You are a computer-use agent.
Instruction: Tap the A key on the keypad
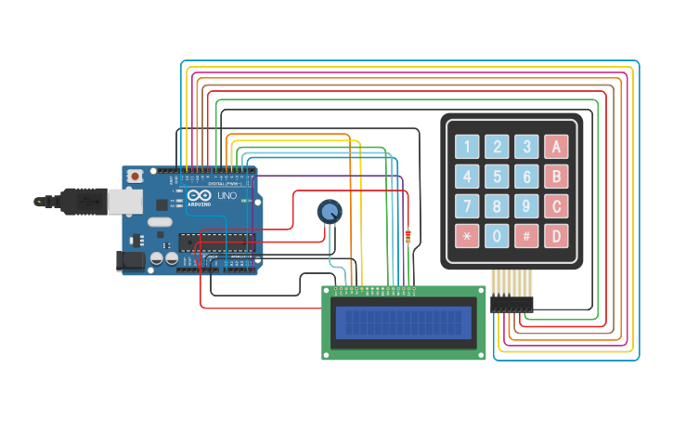pyautogui.click(x=556, y=146)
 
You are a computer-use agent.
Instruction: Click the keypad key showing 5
pyautogui.click(x=498, y=176)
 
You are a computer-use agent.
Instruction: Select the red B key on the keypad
pyautogui.click(x=556, y=176)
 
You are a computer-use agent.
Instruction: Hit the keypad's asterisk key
pyautogui.click(x=467, y=235)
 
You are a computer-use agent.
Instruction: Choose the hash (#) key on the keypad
pyautogui.click(x=526, y=235)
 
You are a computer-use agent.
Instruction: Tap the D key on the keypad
pyautogui.click(x=556, y=235)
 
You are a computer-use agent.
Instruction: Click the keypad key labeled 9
pyautogui.click(x=526, y=205)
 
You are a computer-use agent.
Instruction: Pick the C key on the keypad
pyautogui.click(x=556, y=205)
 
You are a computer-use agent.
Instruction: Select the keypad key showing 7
pyautogui.click(x=467, y=205)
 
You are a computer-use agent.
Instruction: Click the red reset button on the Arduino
pyautogui.click(x=136, y=175)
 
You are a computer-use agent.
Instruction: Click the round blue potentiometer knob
pyautogui.click(x=329, y=212)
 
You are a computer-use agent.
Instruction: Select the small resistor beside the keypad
pyautogui.click(x=408, y=236)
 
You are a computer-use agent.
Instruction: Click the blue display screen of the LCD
pyautogui.click(x=404, y=322)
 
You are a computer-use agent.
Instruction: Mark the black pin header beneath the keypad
pyautogui.click(x=511, y=304)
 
